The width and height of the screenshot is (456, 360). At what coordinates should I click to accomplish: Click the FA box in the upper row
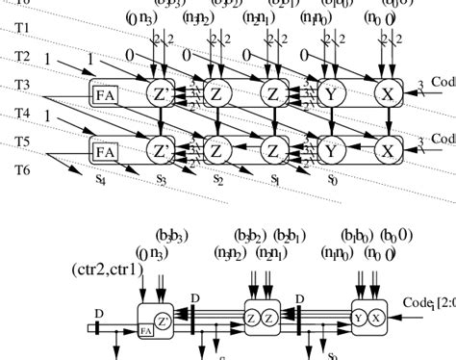coord(103,93)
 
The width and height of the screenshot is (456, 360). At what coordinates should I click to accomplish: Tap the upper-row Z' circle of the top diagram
coord(161,93)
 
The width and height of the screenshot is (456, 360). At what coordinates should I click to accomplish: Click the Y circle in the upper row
coord(333,93)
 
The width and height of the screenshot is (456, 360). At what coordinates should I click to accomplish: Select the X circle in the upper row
coord(388,93)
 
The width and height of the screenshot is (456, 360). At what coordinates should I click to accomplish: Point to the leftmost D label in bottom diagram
coord(99,314)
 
